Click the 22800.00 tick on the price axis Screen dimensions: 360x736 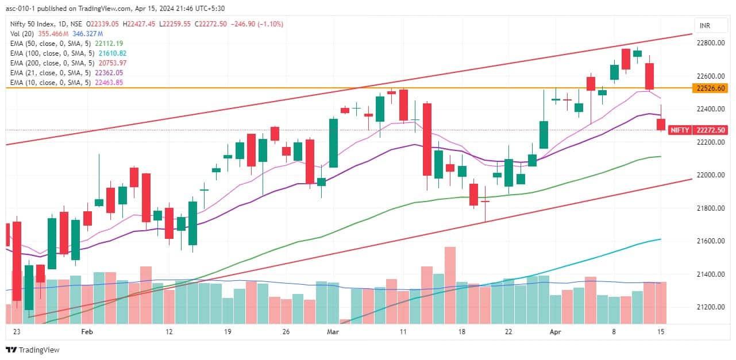[x=710, y=43]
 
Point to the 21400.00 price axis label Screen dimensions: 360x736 [x=710, y=274]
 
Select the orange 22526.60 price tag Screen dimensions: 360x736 [x=710, y=88]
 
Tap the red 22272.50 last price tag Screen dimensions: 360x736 [x=710, y=130]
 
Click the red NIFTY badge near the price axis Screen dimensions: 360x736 [x=680, y=130]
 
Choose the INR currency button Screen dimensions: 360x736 [x=704, y=26]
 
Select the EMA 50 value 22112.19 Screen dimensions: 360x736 [x=107, y=43]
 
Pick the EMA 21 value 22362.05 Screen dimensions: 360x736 [x=107, y=73]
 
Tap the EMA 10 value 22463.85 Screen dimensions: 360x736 [x=107, y=83]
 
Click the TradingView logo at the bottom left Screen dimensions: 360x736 [x=33, y=350]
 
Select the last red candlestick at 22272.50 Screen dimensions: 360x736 [x=661, y=124]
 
